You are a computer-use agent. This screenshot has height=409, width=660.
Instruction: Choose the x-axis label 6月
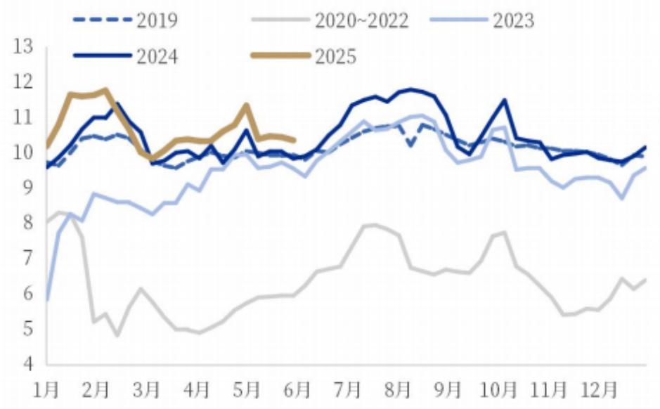(298, 389)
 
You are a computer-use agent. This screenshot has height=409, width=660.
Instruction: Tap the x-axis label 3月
(147, 389)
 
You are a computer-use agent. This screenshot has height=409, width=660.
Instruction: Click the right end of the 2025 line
(293, 140)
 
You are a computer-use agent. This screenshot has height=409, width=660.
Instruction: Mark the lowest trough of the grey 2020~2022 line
(117, 336)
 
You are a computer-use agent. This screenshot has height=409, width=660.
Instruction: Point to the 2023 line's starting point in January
(47, 299)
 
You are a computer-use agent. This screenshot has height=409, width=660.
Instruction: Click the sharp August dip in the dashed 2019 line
(410, 145)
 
